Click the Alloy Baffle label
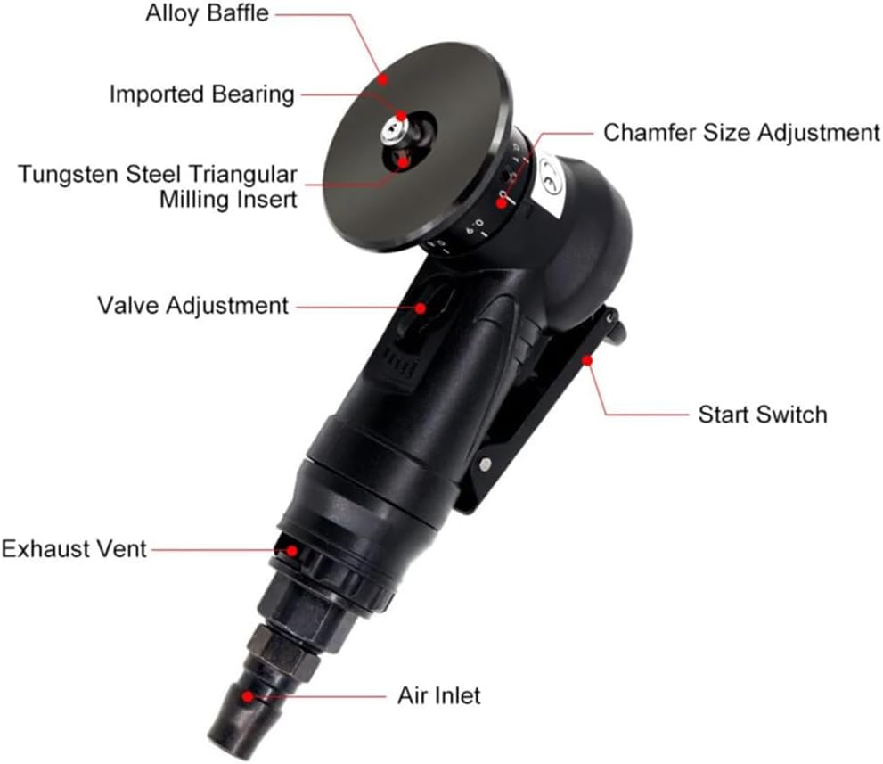pyautogui.click(x=208, y=13)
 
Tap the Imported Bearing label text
pyautogui.click(x=201, y=94)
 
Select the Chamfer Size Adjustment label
pyautogui.click(x=741, y=133)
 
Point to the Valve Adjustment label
pyautogui.click(x=192, y=306)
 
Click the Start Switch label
pyautogui.click(x=763, y=415)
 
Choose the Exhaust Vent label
pyautogui.click(x=74, y=549)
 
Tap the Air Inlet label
pyautogui.click(x=438, y=696)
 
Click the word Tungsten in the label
pyautogui.click(x=68, y=175)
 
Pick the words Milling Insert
pyautogui.click(x=228, y=200)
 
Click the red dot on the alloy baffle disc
pyautogui.click(x=383, y=79)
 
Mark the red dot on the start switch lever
pyautogui.click(x=587, y=359)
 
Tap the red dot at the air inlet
pyautogui.click(x=248, y=697)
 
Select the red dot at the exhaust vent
pyautogui.click(x=292, y=550)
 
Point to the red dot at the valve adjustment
pyautogui.click(x=421, y=308)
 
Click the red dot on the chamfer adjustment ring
pyautogui.click(x=501, y=203)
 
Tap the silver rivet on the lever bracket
pyautogui.click(x=485, y=464)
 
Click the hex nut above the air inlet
pyautogui.click(x=282, y=648)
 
